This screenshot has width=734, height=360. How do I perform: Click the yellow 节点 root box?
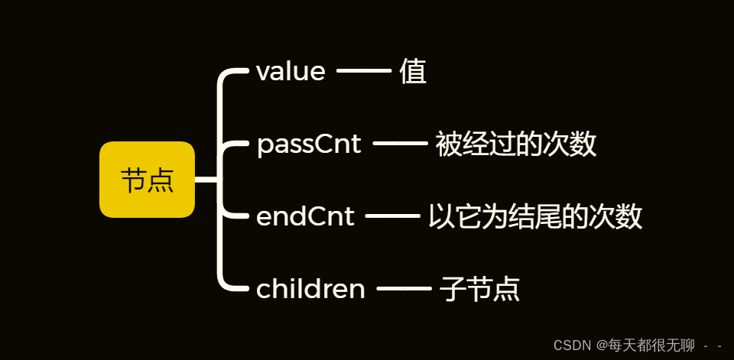click(x=147, y=180)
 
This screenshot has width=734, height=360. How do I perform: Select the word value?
click(x=291, y=72)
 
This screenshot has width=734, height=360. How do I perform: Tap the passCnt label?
click(x=309, y=144)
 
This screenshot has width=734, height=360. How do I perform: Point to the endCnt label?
click(x=305, y=216)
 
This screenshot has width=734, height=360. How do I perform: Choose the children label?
click(x=310, y=289)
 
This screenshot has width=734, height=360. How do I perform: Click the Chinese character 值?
click(x=413, y=72)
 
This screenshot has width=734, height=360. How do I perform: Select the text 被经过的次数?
click(x=515, y=144)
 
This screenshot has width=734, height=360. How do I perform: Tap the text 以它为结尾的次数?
click(x=534, y=216)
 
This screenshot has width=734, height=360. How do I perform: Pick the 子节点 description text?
click(x=480, y=289)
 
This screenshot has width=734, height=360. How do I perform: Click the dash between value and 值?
click(x=364, y=71)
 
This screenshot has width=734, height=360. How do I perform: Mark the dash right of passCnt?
click(x=400, y=144)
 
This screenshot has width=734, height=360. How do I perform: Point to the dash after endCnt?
click(x=393, y=216)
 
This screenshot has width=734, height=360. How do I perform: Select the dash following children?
click(x=404, y=289)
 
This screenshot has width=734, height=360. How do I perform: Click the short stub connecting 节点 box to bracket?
click(x=206, y=180)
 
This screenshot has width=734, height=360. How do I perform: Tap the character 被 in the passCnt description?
click(x=448, y=144)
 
